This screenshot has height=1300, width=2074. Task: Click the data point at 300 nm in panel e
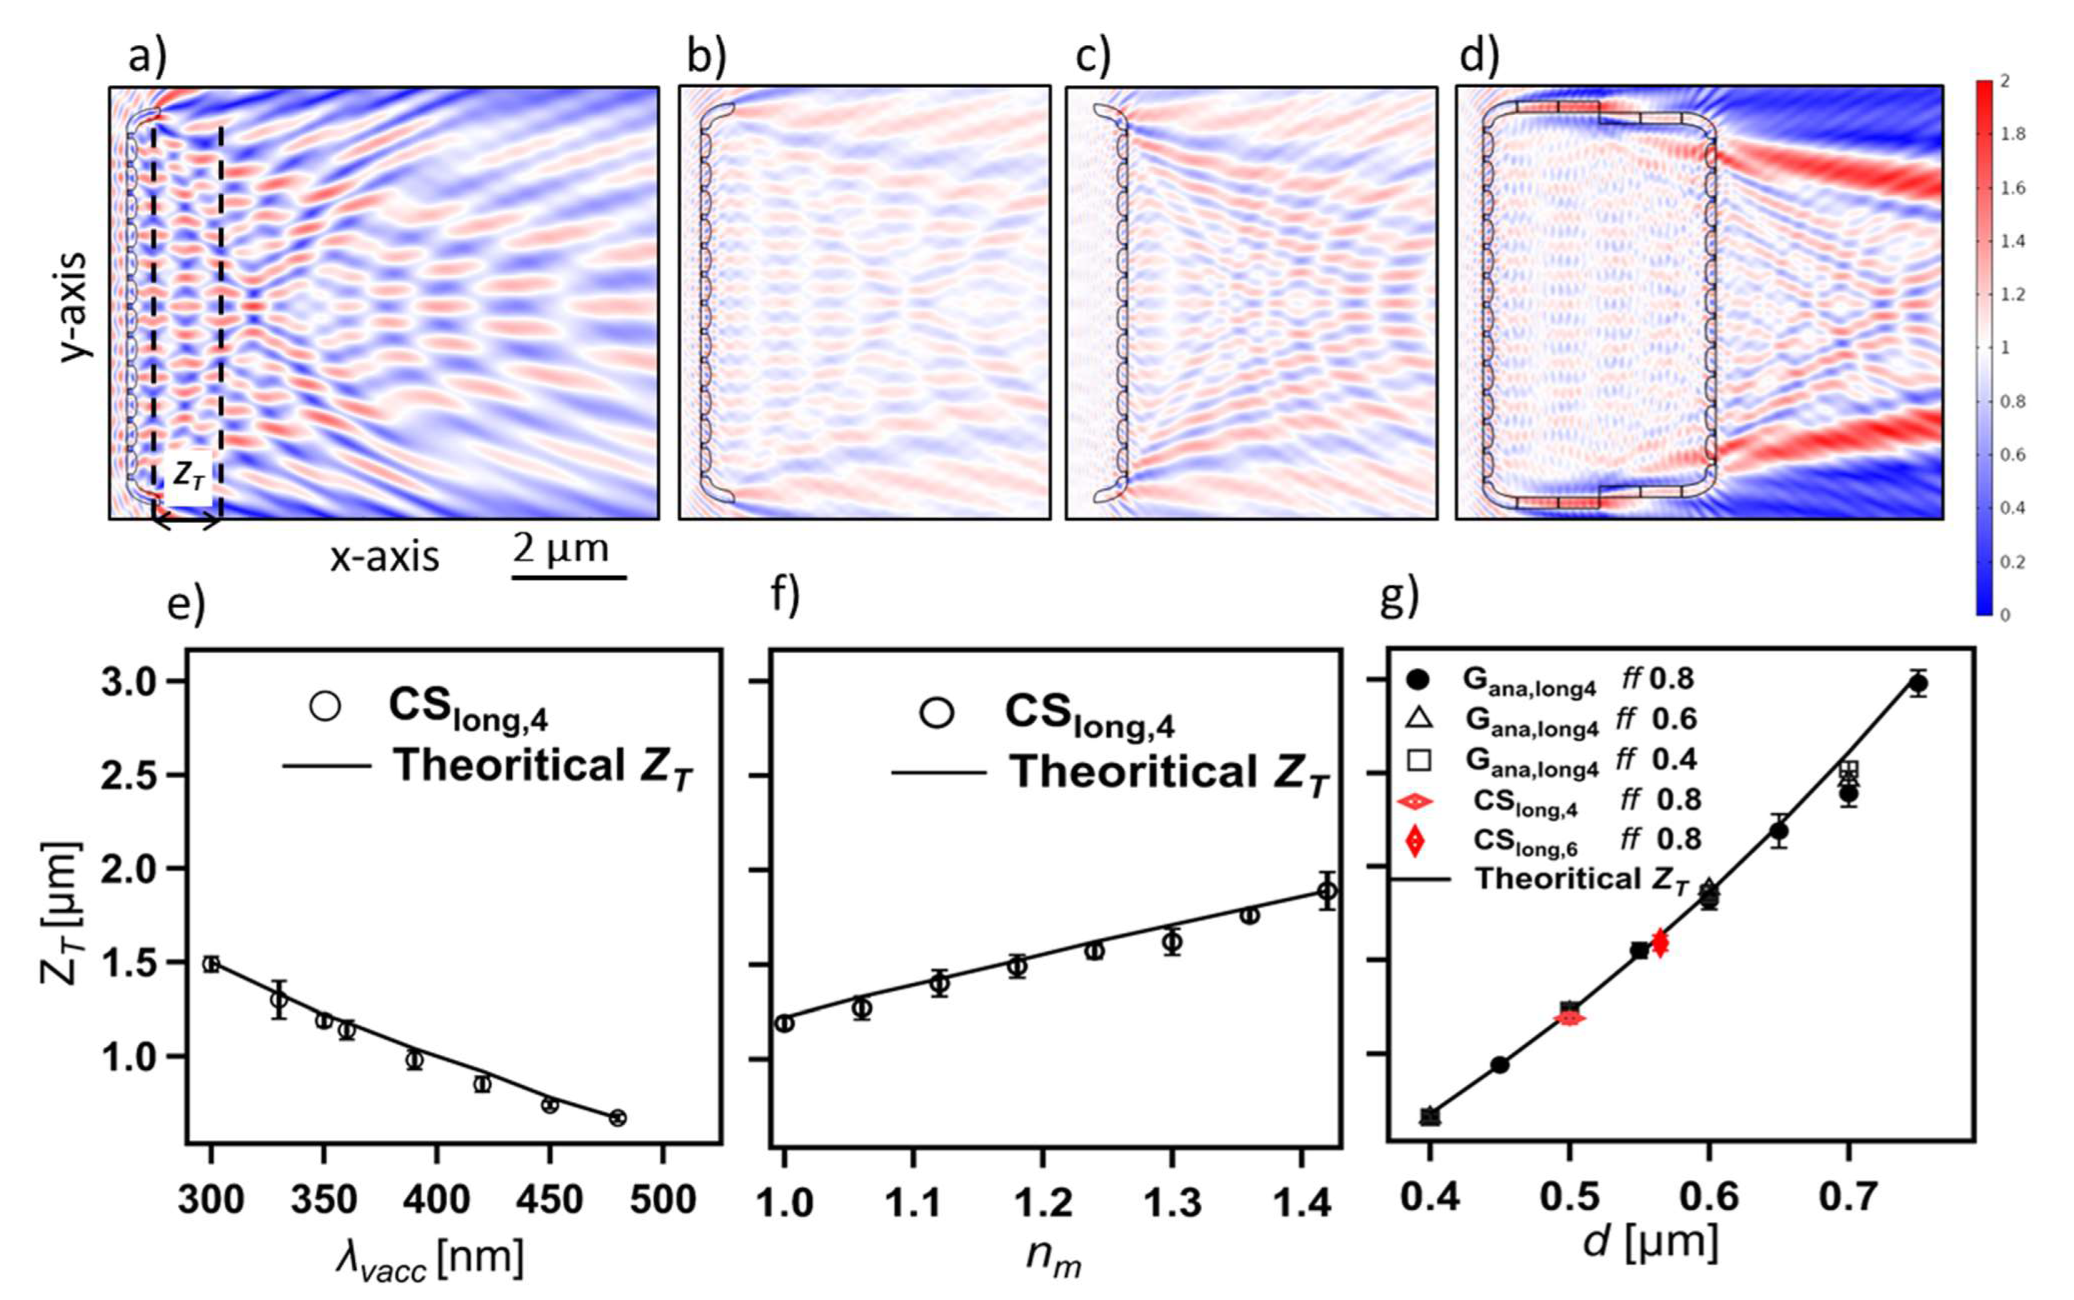coord(211,964)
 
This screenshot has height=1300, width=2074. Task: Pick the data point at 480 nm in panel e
coord(617,1118)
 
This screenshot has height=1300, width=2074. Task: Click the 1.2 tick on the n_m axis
coord(1043,1203)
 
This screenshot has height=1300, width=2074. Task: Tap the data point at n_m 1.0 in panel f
coord(784,1023)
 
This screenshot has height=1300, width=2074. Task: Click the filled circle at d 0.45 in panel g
coord(1500,1064)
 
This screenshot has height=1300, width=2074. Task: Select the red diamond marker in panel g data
coord(1660,943)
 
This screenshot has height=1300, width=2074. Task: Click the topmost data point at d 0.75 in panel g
coord(1918,683)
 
